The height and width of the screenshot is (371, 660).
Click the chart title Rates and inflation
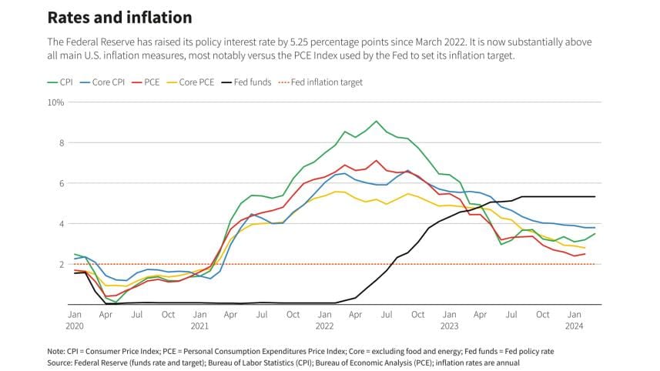click(119, 17)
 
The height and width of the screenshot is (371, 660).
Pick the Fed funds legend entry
click(246, 82)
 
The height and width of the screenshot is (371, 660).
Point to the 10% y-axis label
click(55, 102)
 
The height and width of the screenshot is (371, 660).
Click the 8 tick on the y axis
click(59, 142)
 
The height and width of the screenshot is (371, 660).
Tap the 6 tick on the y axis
click(59, 183)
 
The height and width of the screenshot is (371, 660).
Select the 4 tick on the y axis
click(59, 224)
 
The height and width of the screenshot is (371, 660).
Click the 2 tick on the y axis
click(59, 264)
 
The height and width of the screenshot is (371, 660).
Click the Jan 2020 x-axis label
click(75, 319)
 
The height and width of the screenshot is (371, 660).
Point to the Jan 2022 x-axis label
click(325, 319)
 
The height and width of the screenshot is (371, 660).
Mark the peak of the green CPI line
click(376, 121)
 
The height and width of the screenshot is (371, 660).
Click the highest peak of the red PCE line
click(376, 160)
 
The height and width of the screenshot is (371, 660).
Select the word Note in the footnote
click(56, 351)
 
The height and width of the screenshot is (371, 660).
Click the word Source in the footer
click(61, 362)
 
